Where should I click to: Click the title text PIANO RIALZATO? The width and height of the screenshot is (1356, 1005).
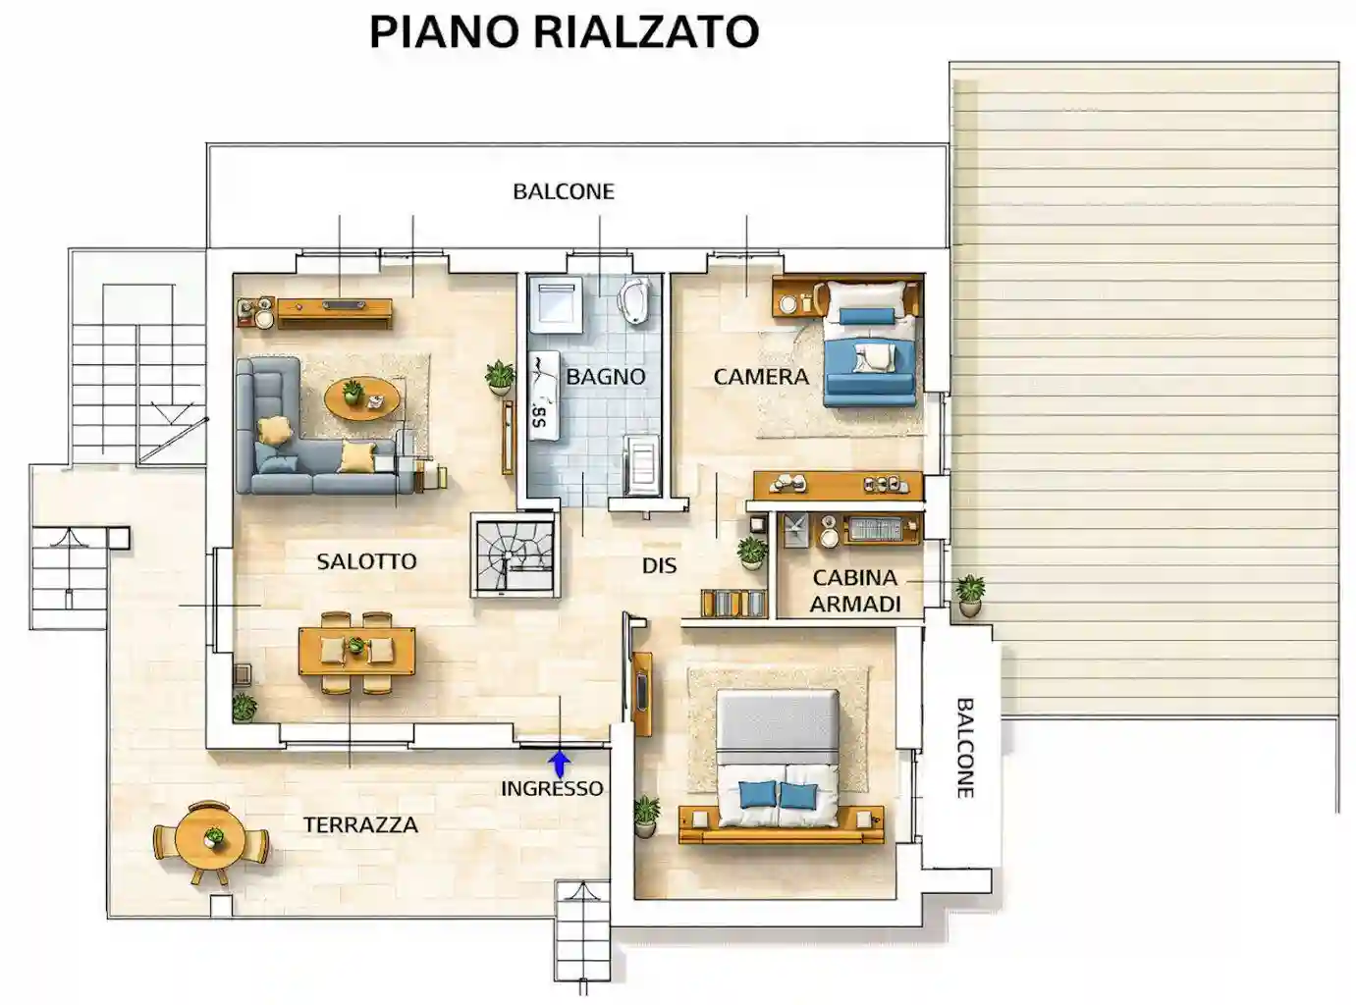point(564,32)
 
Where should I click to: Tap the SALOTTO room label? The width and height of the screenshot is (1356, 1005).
point(366,561)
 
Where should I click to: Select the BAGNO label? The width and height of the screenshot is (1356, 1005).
point(606,376)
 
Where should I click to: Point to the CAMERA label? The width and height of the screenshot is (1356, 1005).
point(761,376)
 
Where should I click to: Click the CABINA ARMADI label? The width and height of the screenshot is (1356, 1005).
point(855,591)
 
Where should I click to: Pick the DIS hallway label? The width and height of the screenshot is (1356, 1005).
point(659,565)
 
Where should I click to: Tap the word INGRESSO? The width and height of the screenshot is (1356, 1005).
point(552,788)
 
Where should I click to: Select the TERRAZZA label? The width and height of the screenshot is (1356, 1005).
point(360,824)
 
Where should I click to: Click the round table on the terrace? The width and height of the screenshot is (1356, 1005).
point(212,841)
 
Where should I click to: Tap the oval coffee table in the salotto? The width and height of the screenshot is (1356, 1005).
point(362,398)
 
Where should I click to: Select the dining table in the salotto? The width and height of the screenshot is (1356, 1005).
point(356,651)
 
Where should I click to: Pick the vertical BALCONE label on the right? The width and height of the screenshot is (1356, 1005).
point(964,748)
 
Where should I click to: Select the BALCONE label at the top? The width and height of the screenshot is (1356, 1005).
point(564,191)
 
